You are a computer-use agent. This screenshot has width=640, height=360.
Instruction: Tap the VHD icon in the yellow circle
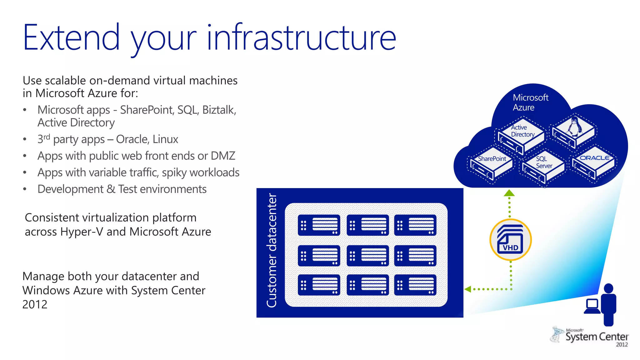pyautogui.click(x=510, y=240)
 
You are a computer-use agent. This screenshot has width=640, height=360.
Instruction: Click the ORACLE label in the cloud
pyautogui.click(x=594, y=158)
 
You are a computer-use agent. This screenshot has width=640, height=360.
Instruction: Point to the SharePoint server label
pyautogui.click(x=492, y=159)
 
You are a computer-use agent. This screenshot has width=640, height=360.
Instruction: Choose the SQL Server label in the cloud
pyautogui.click(x=544, y=162)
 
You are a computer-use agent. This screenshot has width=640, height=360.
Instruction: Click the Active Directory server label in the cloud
pyautogui.click(x=522, y=131)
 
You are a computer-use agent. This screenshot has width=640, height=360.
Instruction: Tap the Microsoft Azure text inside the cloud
pyautogui.click(x=530, y=102)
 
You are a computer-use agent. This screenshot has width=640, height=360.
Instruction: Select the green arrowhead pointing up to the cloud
pyautogui.click(x=509, y=193)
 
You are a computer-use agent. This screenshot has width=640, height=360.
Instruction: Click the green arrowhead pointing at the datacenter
pyautogui.click(x=468, y=289)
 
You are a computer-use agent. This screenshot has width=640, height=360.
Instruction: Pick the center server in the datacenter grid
pyautogui.click(x=367, y=255)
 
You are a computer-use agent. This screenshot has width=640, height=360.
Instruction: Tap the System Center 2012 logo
pyautogui.click(x=590, y=337)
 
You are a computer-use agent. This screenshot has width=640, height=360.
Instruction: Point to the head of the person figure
pyautogui.click(x=608, y=288)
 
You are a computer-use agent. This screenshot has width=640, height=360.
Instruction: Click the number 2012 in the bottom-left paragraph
pyautogui.click(x=35, y=304)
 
